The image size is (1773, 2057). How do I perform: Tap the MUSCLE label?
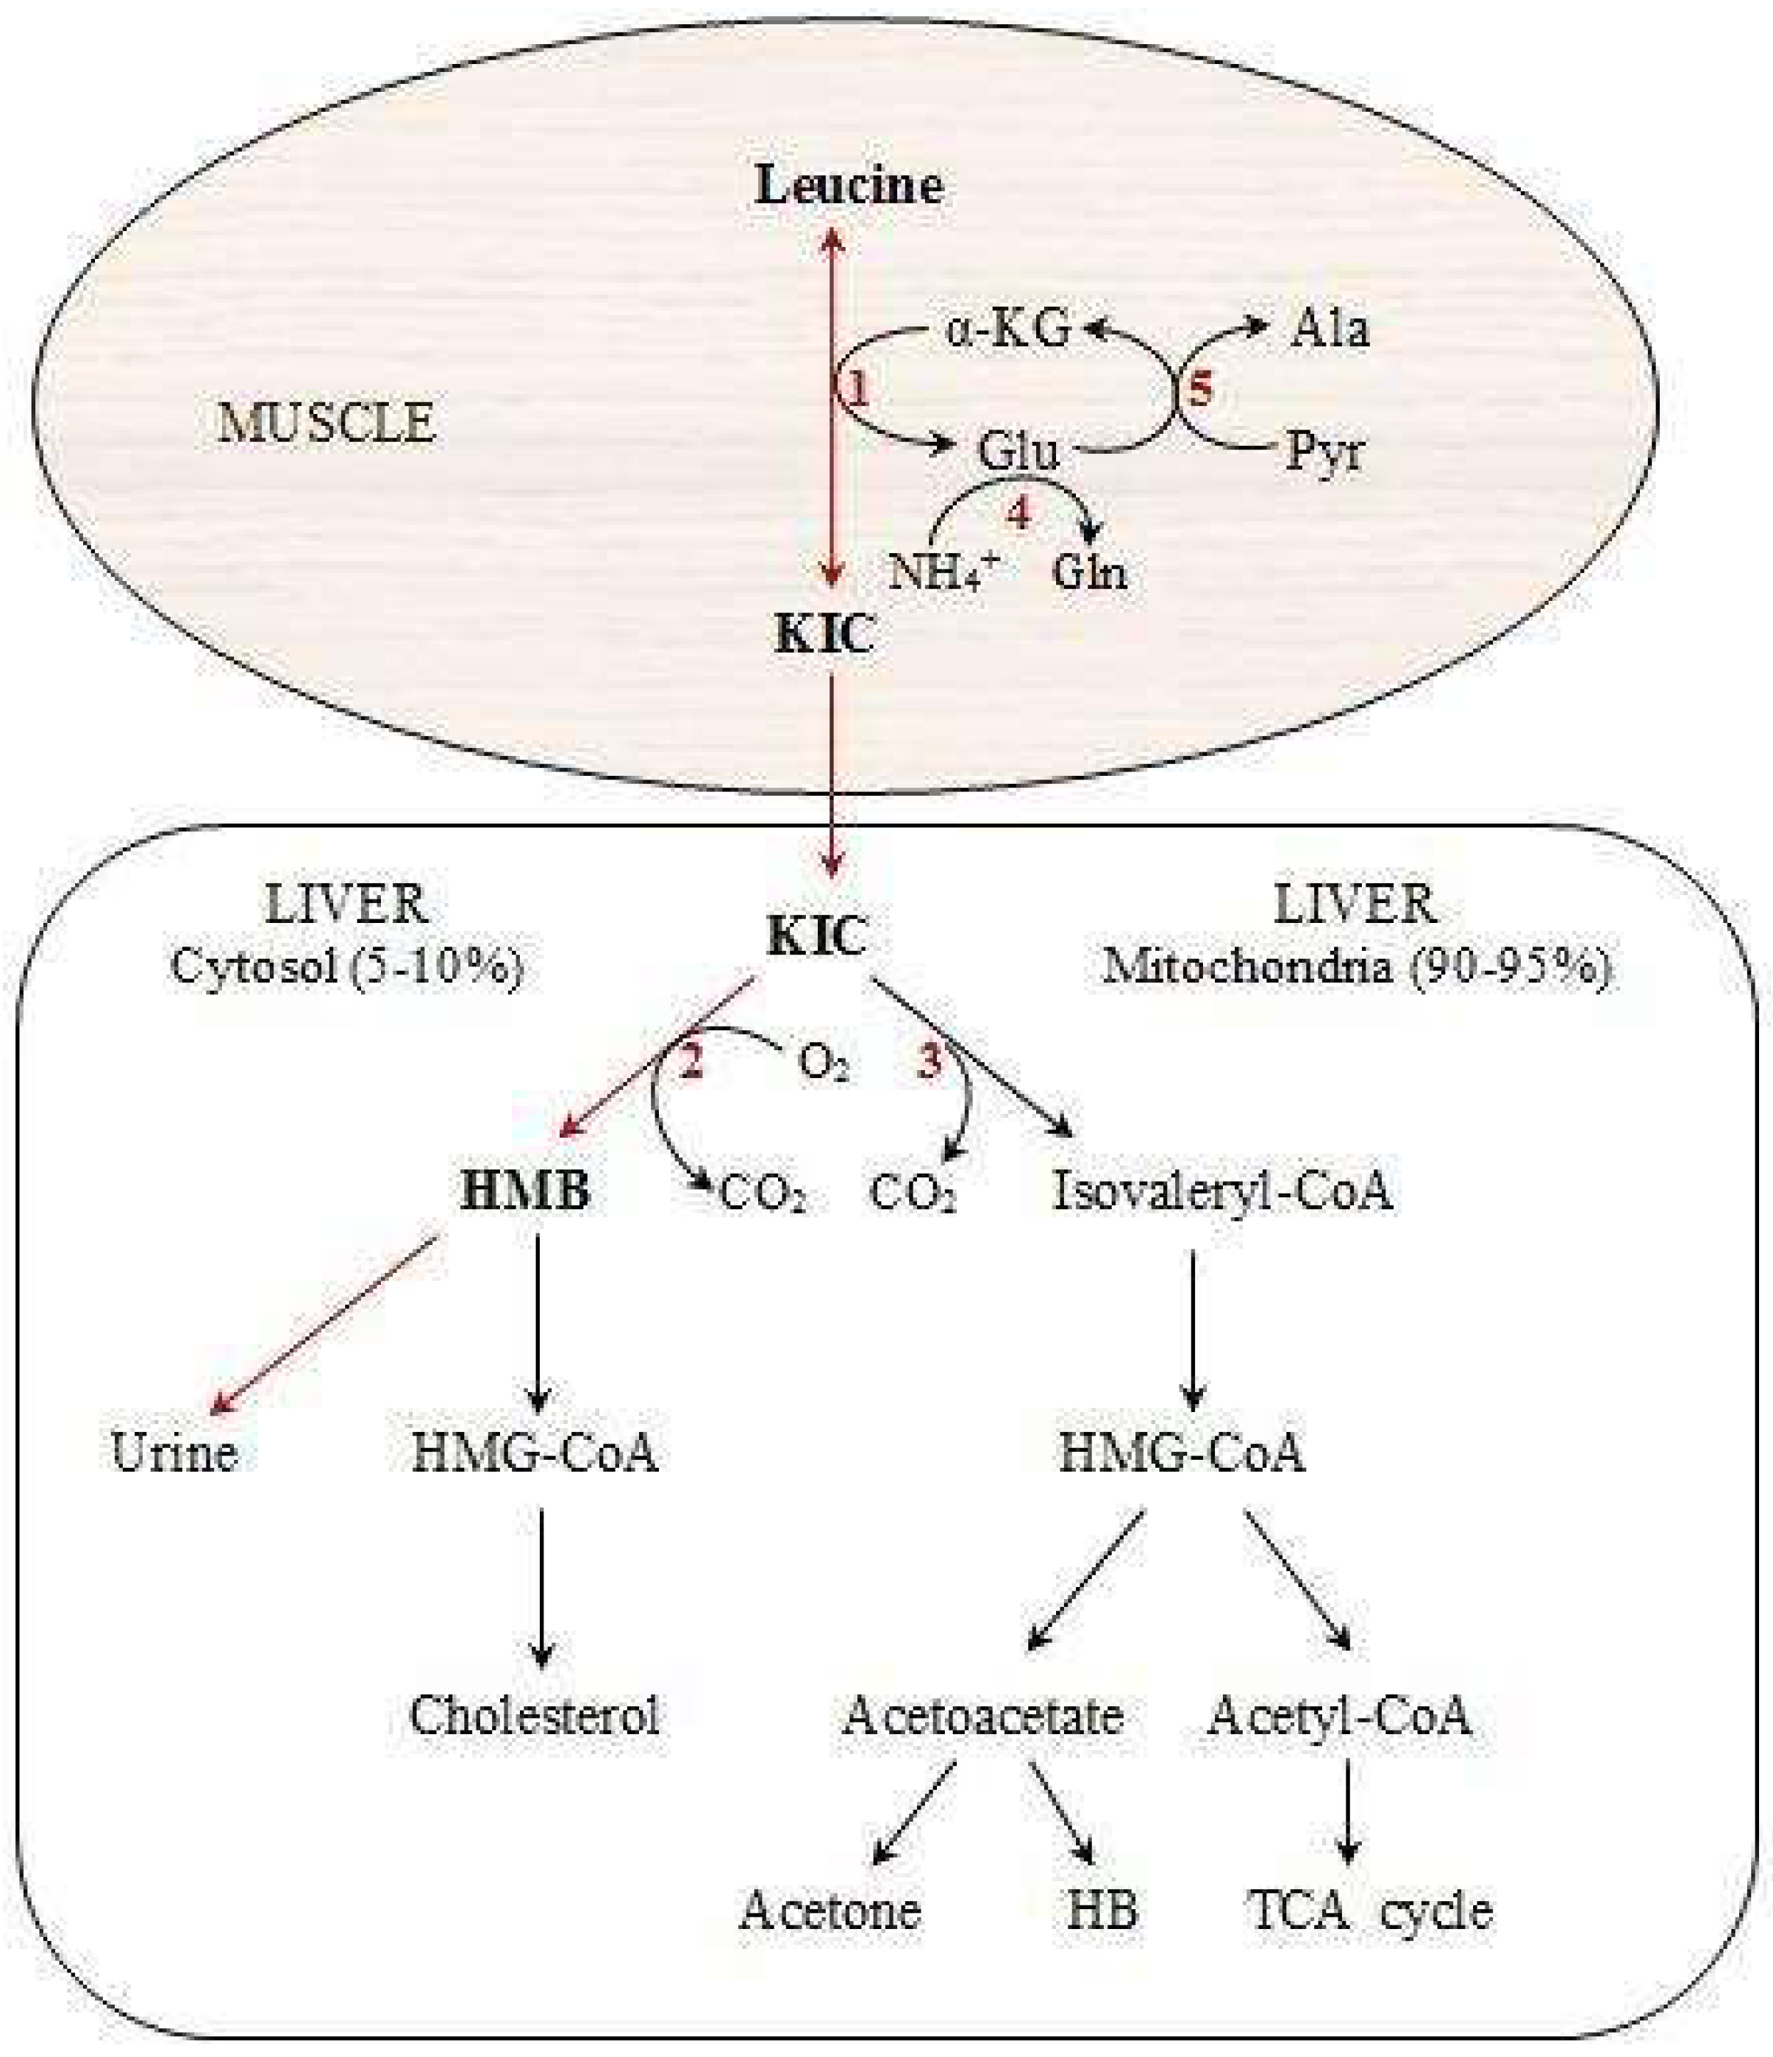[x=327, y=423]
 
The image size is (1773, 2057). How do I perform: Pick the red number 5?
[x=1200, y=391]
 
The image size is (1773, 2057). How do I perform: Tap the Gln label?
[x=1089, y=573]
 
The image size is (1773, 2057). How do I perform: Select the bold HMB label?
[x=525, y=1191]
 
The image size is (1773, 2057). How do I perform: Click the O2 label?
[x=823, y=1064]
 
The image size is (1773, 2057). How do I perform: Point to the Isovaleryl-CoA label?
[x=1222, y=1191]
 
